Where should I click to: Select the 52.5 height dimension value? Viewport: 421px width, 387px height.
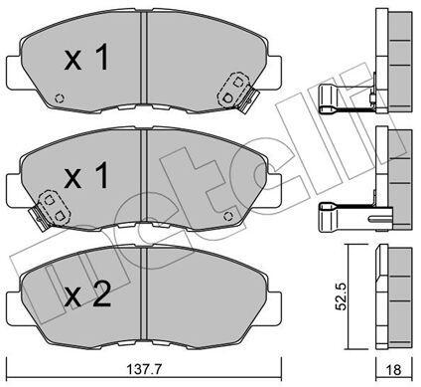coord(341,296)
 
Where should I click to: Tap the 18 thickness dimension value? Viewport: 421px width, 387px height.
coord(394,369)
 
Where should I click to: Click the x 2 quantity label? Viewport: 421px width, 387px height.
coord(87,295)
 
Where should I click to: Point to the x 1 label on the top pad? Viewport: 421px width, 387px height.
coord(86,59)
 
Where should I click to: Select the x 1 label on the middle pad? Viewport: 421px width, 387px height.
coord(86,176)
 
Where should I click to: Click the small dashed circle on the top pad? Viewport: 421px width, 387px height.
coord(60,98)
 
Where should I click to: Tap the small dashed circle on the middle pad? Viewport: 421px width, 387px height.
coord(228,216)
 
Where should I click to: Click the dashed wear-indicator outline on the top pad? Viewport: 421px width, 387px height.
coord(232,90)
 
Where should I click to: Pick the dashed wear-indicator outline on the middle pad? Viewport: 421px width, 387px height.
coord(55,207)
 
